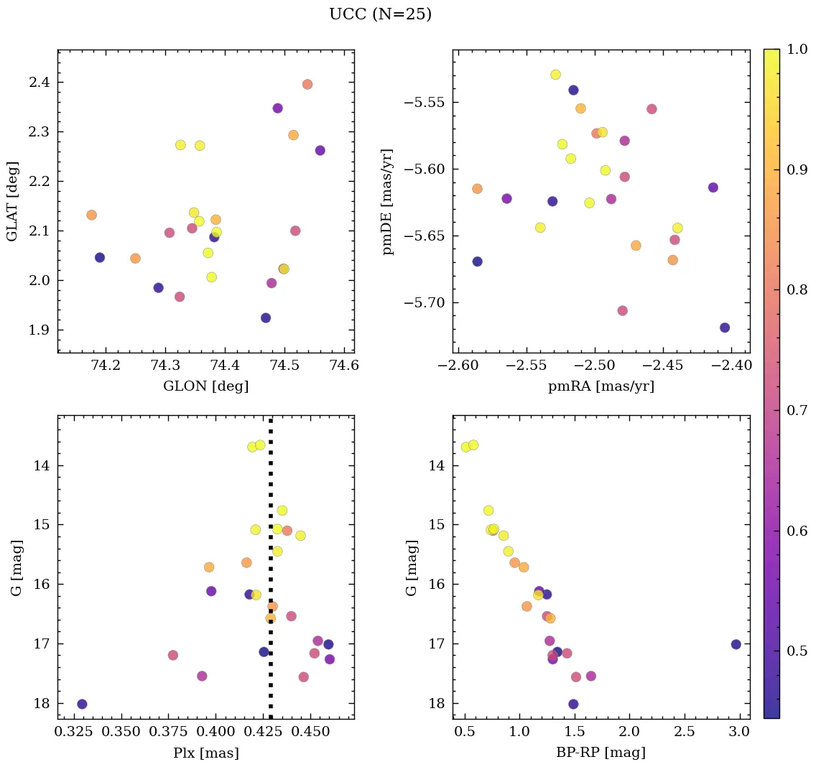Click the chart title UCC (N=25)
tap(380, 14)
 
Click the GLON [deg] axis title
tap(205, 386)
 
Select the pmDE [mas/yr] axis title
tap(388, 201)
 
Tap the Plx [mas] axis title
tap(205, 753)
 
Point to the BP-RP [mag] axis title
tap(601, 753)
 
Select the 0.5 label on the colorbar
tap(797, 651)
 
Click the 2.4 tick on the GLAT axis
tap(40, 83)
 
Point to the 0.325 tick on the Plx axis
tap(72, 733)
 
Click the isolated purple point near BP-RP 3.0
tap(736, 644)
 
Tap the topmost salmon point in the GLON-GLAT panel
tap(307, 84)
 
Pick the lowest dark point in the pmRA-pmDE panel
tap(725, 327)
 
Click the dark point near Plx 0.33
tap(82, 704)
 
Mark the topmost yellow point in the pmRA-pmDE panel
tap(555, 75)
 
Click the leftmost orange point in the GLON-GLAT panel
tap(91, 215)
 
